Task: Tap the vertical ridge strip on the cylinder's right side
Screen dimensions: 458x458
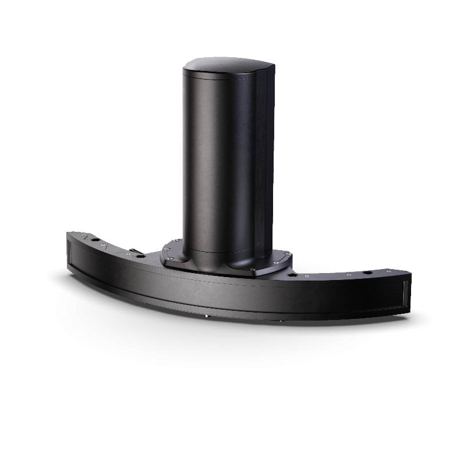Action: pos(262,160)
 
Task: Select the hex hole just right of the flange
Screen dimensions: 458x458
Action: pos(294,274)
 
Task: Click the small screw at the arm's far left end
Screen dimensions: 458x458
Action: pos(80,235)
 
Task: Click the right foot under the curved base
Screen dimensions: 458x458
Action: pos(280,320)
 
